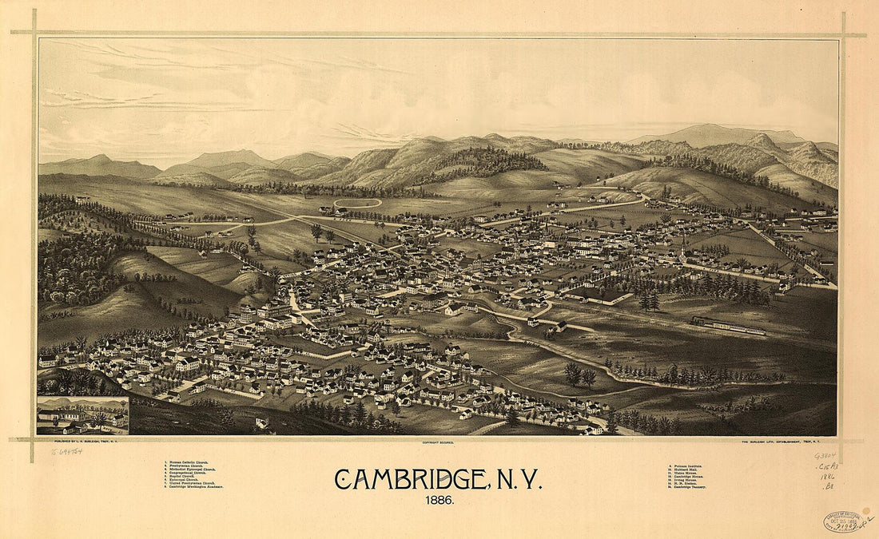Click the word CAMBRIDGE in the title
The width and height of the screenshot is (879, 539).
pyautogui.click(x=408, y=480)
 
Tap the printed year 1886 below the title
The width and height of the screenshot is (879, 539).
pyautogui.click(x=439, y=501)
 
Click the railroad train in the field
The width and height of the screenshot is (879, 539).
pyautogui.click(x=728, y=326)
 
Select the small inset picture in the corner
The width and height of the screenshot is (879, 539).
pyautogui.click(x=82, y=415)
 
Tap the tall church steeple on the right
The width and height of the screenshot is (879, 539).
pyautogui.click(x=684, y=244)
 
